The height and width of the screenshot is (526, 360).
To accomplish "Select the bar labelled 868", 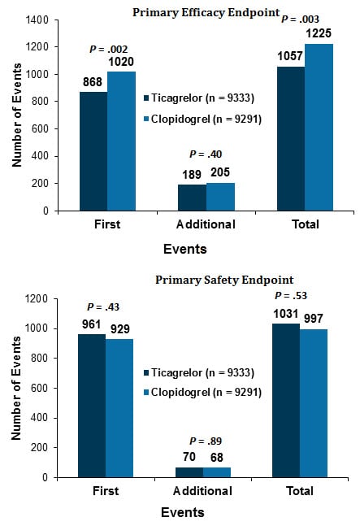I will pyautogui.click(x=93, y=150).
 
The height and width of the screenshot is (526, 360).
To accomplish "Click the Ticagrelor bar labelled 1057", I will pyautogui.click(x=291, y=138).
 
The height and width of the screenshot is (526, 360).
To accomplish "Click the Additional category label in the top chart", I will pyautogui.click(x=205, y=224).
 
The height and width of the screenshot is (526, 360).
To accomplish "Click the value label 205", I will pyautogui.click(x=219, y=172).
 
